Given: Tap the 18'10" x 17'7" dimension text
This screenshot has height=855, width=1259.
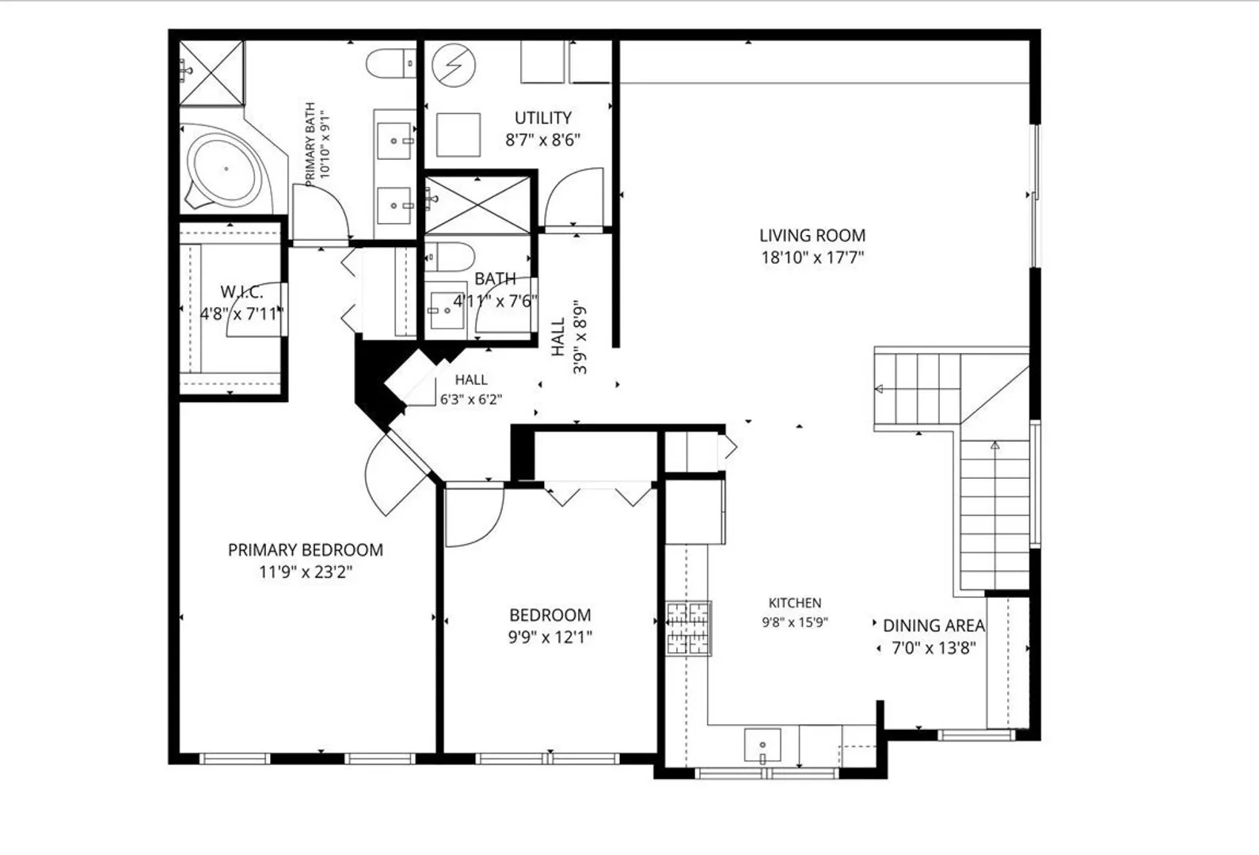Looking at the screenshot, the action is (x=812, y=257).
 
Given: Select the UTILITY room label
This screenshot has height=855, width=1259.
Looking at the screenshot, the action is (x=543, y=118).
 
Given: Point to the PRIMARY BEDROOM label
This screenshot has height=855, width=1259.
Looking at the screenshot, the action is (x=305, y=550).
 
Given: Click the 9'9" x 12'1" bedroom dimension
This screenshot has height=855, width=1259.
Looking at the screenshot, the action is (x=550, y=637).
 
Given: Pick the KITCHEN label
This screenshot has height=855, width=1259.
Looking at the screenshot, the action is (x=795, y=602).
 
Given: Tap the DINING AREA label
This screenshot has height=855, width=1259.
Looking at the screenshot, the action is (x=934, y=625).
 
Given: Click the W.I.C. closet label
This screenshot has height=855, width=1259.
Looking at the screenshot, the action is (x=242, y=291).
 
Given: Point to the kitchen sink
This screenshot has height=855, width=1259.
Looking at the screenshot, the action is (x=763, y=746).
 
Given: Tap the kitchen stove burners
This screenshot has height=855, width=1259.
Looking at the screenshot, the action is (x=689, y=628).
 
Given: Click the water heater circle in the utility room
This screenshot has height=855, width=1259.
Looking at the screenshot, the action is (x=454, y=65).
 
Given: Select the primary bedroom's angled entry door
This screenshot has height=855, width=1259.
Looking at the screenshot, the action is (x=396, y=473).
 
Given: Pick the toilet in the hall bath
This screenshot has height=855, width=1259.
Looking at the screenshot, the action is (x=449, y=257).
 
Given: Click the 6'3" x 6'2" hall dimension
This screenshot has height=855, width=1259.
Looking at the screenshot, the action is (x=471, y=400).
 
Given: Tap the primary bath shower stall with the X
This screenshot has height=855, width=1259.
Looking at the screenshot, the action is (x=212, y=73).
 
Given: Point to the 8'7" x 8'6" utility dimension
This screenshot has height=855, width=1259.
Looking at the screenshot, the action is (x=543, y=140).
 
